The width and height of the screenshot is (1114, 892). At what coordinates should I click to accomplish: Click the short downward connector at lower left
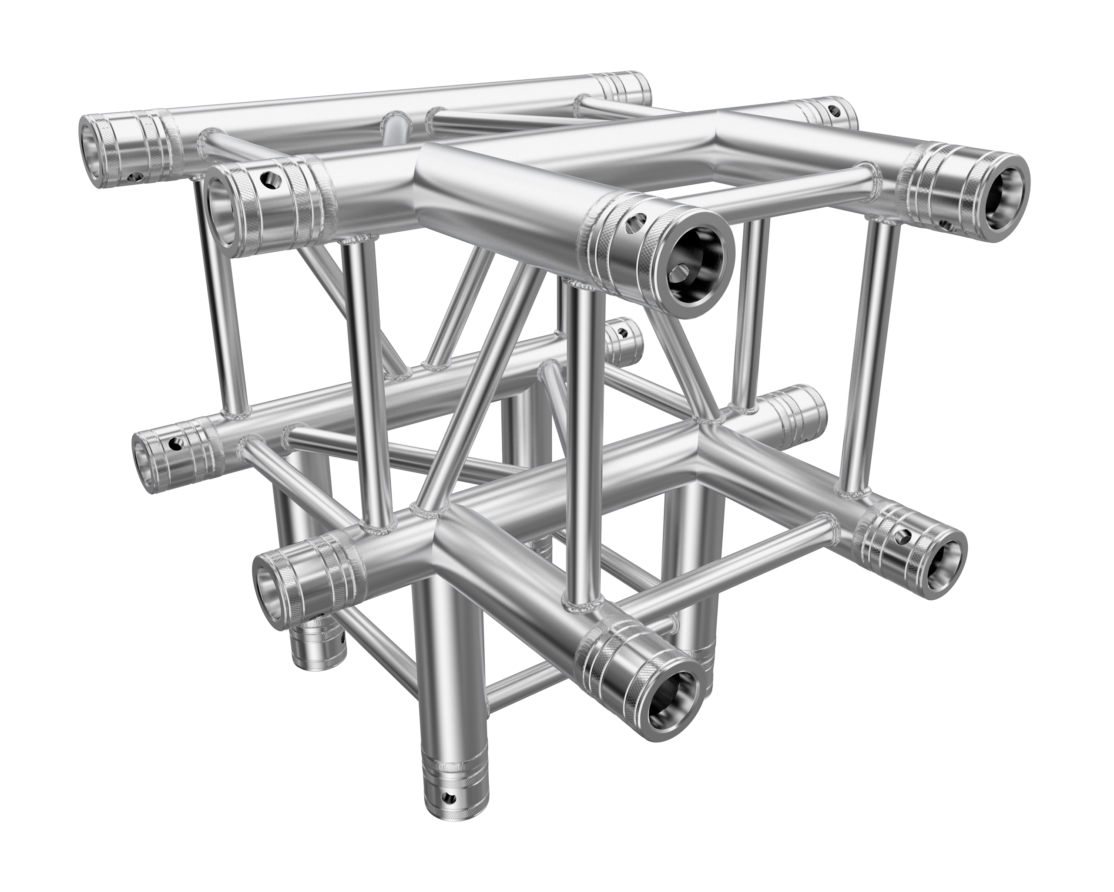[x=315, y=649]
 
